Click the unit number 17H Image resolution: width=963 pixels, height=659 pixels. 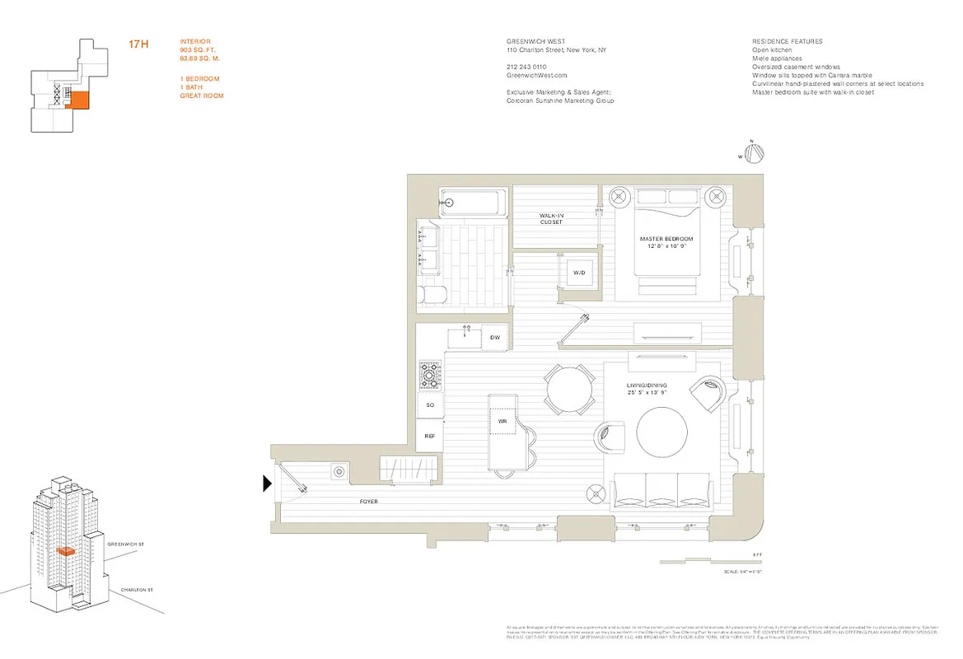tap(138, 44)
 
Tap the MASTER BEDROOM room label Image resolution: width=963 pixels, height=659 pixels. tap(666, 240)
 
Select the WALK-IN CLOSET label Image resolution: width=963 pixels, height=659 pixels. tap(551, 218)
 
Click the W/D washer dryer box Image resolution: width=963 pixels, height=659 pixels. tap(579, 273)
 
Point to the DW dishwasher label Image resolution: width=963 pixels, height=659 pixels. tap(494, 338)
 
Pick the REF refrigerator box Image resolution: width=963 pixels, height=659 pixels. tap(429, 436)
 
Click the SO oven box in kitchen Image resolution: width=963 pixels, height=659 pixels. tap(429, 405)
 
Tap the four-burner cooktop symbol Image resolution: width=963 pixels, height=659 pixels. tap(430, 376)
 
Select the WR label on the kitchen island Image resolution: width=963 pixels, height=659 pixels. tap(501, 421)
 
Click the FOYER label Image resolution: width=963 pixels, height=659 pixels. tap(368, 501)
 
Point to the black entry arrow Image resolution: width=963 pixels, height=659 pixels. tap(267, 484)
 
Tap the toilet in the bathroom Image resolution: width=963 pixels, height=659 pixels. tap(432, 292)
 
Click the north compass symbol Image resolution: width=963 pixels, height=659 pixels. tap(755, 153)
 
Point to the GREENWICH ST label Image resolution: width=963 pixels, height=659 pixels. tap(126, 544)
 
